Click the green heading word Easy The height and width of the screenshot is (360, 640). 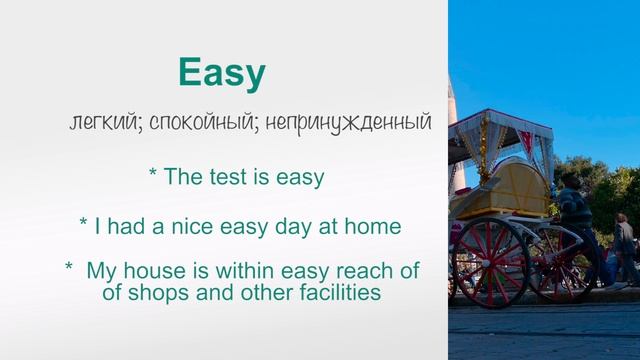(221, 73)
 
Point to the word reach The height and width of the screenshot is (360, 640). (358, 271)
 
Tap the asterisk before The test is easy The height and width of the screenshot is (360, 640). (153, 175)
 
